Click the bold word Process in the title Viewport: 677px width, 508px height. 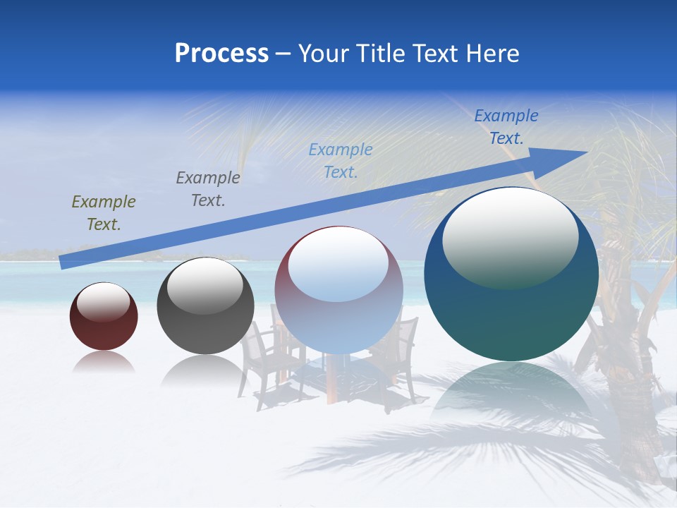point(221,54)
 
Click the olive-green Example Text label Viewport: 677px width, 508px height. point(103,213)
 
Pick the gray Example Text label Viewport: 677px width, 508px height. point(207,189)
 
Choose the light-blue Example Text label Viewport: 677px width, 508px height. point(341,160)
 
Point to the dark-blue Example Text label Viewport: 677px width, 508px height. point(506,127)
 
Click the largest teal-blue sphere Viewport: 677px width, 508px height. point(511,310)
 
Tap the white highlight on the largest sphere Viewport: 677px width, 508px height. point(510,236)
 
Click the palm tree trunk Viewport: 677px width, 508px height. point(621,381)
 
